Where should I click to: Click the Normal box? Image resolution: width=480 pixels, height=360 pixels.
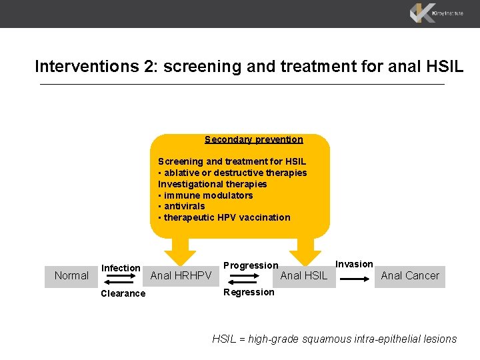(71, 276)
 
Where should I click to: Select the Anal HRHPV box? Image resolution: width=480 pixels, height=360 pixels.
(181, 276)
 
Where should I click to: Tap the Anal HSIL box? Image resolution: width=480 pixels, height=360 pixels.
(305, 276)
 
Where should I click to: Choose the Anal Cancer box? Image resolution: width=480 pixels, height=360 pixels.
(410, 276)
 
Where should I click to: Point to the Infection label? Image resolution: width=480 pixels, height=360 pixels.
(121, 268)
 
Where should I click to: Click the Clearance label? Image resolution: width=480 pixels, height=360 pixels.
(123, 293)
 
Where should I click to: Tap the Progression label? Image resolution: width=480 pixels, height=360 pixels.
(251, 265)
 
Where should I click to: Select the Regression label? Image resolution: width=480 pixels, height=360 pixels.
(249, 292)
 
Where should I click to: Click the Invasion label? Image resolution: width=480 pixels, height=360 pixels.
(354, 264)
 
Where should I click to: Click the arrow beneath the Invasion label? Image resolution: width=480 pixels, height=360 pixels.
(355, 280)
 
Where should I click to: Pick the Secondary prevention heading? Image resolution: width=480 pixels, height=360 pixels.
(253, 140)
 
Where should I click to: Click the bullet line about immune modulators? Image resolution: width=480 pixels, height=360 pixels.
(205, 195)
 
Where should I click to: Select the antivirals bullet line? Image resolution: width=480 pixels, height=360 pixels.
(181, 206)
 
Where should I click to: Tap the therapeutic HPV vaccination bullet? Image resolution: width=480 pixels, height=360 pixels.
(224, 217)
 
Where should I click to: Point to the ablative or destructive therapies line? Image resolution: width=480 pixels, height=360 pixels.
(232, 173)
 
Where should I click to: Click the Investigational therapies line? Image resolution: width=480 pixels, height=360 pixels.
(212, 184)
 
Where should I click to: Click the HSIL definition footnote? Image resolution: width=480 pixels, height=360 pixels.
(334, 339)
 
